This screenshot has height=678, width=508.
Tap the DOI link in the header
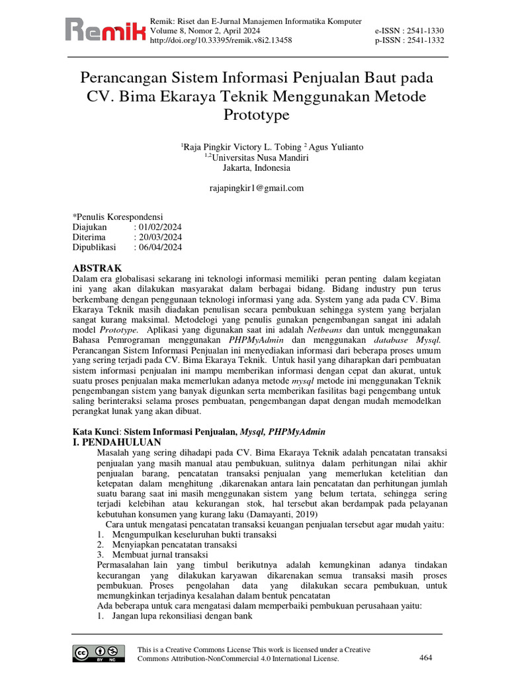pos(222,40)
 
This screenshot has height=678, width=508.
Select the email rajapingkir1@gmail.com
pos(256,188)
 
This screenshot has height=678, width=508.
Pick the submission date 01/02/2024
pos(159,226)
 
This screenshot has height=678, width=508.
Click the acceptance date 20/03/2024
pos(159,237)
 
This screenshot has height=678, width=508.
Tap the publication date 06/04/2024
pos(159,248)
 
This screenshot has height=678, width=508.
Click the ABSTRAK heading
pos(97,268)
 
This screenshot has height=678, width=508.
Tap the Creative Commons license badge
pos(100,653)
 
